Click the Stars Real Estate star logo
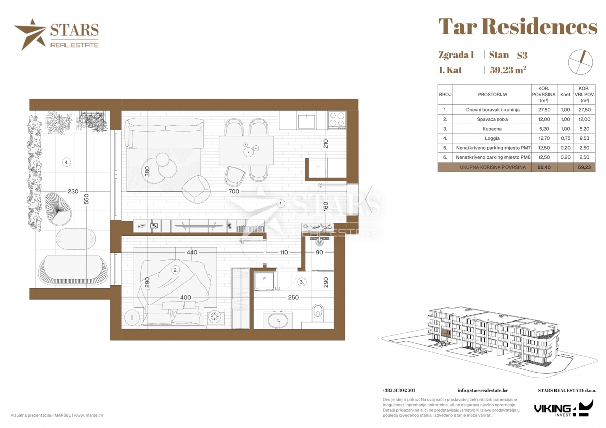(x=30, y=34)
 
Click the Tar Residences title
(x=518, y=27)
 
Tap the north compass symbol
(x=580, y=62)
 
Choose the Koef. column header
(x=566, y=94)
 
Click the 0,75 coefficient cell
(x=566, y=138)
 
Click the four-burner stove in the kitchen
(x=337, y=119)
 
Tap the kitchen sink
(x=307, y=120)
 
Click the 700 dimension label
(x=233, y=191)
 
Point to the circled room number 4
(x=66, y=162)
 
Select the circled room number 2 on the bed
(x=175, y=270)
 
